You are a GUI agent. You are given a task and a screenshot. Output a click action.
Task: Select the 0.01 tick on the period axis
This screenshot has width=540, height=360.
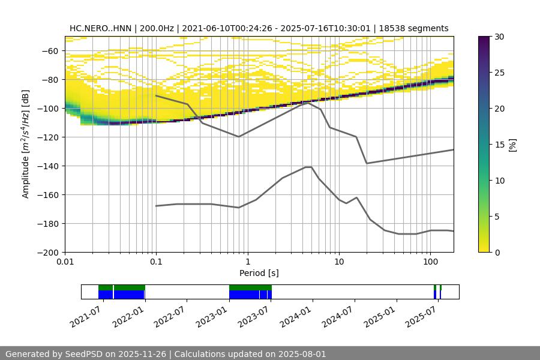tap(65, 262)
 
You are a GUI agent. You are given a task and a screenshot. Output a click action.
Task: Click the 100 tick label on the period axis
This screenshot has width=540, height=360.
tap(430, 262)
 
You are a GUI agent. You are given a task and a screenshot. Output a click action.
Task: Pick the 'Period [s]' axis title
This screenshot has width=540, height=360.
tap(259, 273)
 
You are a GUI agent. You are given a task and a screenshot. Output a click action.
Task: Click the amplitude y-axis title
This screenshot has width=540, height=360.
tap(26, 144)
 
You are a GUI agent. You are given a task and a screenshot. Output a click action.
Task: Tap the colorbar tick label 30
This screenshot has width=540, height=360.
tap(499, 37)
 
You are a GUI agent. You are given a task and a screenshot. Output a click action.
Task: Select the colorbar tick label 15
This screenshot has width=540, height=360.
tap(499, 145)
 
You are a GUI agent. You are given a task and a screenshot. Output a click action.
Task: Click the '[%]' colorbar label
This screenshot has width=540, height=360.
tap(512, 144)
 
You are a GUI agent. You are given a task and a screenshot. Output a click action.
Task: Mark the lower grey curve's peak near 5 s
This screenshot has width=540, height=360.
tap(308, 167)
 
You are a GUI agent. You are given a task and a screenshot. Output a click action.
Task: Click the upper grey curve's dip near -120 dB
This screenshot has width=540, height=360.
tap(239, 136)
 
